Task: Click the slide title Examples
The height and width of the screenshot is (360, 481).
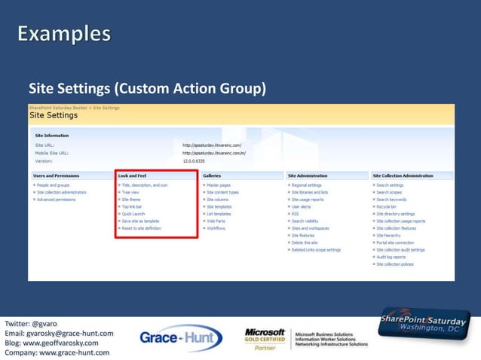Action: (64, 35)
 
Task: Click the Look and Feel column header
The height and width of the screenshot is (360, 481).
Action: (133, 175)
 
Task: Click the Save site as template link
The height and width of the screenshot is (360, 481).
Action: (141, 221)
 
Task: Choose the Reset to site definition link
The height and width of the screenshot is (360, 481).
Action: (142, 228)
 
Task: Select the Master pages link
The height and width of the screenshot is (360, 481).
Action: (219, 185)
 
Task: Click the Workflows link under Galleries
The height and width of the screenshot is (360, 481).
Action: (216, 228)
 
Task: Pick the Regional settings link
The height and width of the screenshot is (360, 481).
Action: (306, 185)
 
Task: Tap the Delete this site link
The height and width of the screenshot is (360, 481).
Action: (305, 243)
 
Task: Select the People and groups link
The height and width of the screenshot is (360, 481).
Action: (53, 185)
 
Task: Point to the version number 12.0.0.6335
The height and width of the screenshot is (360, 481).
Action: (195, 160)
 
